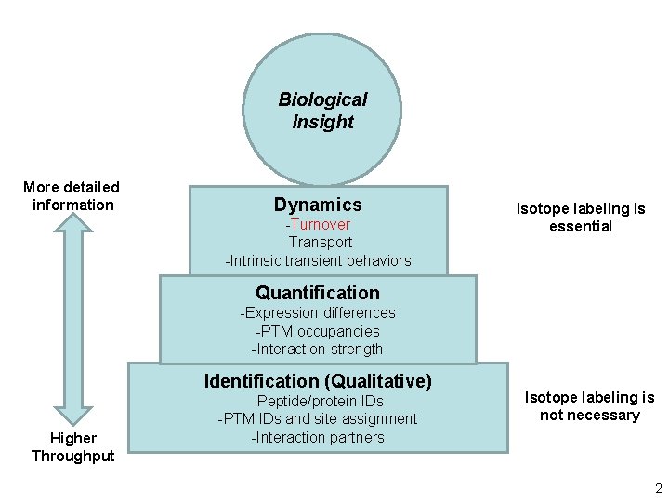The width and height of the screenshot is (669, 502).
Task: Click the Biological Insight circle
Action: (x=321, y=110)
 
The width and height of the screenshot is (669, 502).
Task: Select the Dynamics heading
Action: (x=318, y=205)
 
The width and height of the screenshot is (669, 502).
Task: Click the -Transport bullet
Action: (x=318, y=242)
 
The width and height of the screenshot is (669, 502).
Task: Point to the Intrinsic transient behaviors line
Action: (x=318, y=260)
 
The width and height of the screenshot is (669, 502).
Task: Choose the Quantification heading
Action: (x=318, y=293)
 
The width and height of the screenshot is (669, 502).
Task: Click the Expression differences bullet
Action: (x=318, y=312)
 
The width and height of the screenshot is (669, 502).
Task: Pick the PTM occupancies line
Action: (x=318, y=331)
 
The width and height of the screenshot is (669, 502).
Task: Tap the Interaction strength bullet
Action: (x=318, y=350)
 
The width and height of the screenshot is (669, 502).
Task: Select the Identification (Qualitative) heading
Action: (x=318, y=381)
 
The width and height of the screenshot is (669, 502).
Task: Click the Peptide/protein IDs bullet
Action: (x=318, y=401)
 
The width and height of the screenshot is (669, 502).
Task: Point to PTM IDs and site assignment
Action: (x=318, y=419)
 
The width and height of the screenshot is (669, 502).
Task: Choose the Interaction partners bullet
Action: (x=318, y=438)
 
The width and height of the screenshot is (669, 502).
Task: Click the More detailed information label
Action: (x=72, y=196)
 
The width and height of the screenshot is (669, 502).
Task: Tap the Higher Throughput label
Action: (x=73, y=446)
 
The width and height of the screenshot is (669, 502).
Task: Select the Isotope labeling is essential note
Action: (x=581, y=218)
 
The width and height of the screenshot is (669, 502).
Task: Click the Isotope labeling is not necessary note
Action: (x=590, y=406)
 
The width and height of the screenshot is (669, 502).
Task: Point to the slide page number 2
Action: (x=658, y=489)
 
